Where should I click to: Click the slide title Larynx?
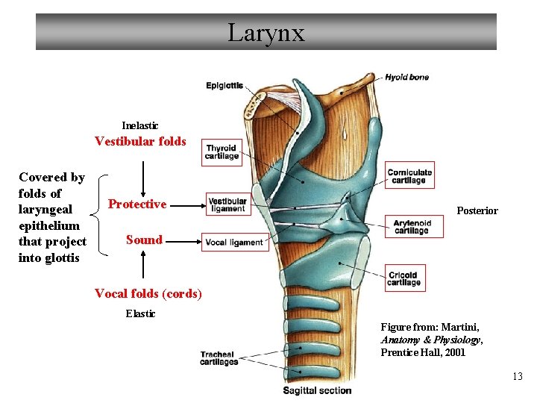(x=266, y=33)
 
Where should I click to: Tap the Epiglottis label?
(x=224, y=86)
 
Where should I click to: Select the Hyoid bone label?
(x=406, y=77)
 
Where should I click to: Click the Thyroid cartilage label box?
(x=222, y=151)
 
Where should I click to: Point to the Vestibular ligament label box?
(x=227, y=204)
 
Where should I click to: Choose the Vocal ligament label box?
(x=234, y=243)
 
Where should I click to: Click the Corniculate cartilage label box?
(x=409, y=176)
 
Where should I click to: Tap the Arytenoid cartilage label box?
(x=413, y=227)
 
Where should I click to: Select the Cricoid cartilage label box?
(x=405, y=278)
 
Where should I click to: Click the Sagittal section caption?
(x=317, y=390)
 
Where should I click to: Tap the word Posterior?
(x=477, y=211)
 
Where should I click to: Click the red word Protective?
(x=137, y=204)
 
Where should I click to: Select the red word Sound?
(x=144, y=240)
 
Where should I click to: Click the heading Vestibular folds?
(x=140, y=141)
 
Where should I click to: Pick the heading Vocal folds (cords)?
(x=148, y=293)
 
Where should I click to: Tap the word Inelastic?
(x=140, y=125)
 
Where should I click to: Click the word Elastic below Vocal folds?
(x=140, y=313)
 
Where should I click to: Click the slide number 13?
(x=518, y=376)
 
